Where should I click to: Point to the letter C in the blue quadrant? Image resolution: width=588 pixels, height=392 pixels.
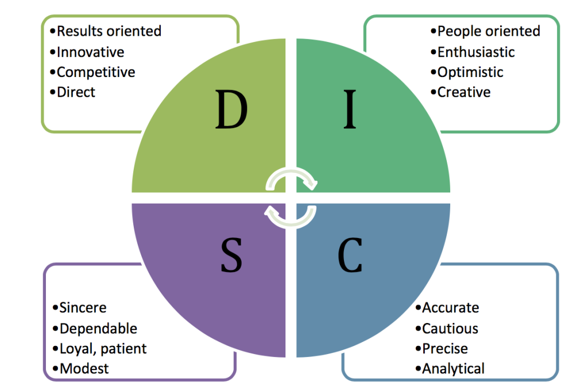pyautogui.click(x=350, y=255)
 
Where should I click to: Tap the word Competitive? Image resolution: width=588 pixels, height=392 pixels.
pyautogui.click(x=95, y=72)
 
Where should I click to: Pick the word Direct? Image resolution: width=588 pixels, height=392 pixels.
pyautogui.click(x=76, y=92)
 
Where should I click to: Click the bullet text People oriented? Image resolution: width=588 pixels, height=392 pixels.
pyautogui.click(x=488, y=31)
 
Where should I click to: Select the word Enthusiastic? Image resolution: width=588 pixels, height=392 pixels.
pyautogui.click(x=475, y=52)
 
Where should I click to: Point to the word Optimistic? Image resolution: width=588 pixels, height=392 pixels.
pyautogui.click(x=470, y=72)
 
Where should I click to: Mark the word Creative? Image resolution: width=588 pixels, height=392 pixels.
pyautogui.click(x=463, y=92)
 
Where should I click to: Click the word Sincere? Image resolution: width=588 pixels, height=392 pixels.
pyautogui.click(x=82, y=308)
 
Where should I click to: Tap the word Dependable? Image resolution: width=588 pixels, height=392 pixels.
pyautogui.click(x=98, y=329)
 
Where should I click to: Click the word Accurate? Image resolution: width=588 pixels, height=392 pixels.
pyautogui.click(x=450, y=308)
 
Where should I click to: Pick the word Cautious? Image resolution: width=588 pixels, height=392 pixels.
pyautogui.click(x=450, y=329)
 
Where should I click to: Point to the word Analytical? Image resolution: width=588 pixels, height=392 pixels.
pyautogui.click(x=452, y=369)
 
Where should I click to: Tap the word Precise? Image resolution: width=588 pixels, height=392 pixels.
pyautogui.click(x=444, y=349)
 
